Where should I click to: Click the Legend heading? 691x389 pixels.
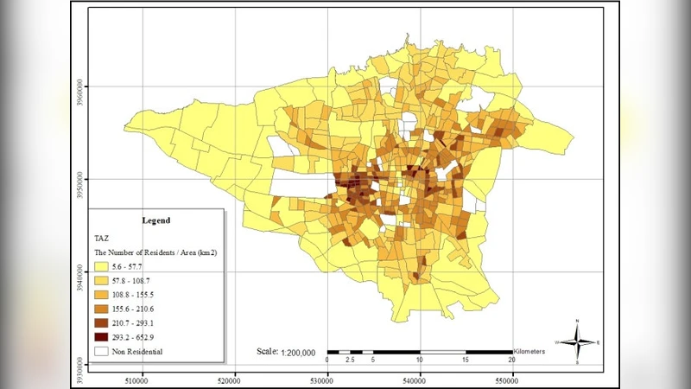click(x=156, y=220)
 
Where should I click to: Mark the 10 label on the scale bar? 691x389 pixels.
click(x=420, y=360)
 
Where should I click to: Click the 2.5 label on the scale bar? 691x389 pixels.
click(x=348, y=360)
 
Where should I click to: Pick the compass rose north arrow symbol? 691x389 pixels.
click(x=577, y=342)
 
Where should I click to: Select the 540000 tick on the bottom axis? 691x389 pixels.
click(x=420, y=378)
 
